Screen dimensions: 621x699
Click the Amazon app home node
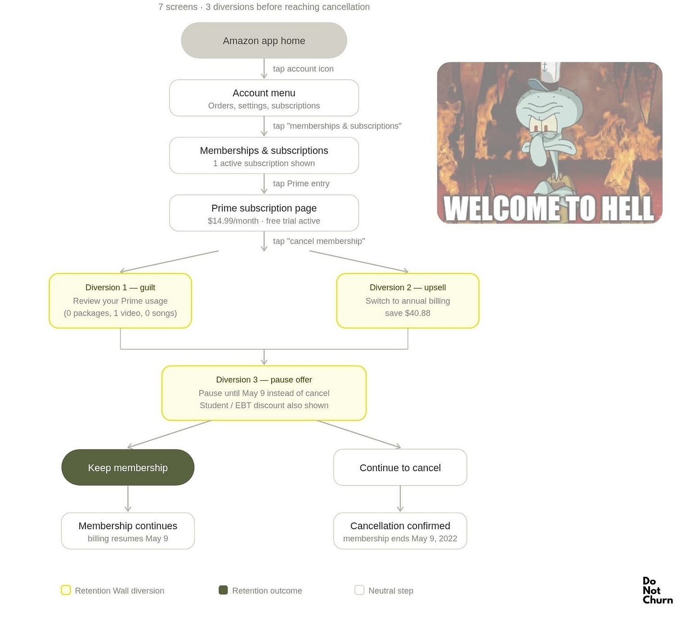[x=264, y=40]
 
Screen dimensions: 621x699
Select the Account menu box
[x=264, y=98]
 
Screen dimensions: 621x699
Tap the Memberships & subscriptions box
[x=264, y=156]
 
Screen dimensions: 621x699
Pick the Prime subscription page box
[x=264, y=213]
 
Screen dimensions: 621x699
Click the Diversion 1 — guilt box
[x=120, y=301]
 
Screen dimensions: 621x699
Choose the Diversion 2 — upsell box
[x=408, y=301]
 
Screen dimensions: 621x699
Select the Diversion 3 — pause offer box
[x=264, y=393]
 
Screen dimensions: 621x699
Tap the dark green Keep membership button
[x=128, y=467]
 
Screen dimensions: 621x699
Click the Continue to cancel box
[x=400, y=467]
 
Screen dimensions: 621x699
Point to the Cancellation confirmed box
[x=400, y=531]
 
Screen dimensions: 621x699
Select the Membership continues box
[x=128, y=531]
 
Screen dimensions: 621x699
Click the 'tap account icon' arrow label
[x=303, y=69]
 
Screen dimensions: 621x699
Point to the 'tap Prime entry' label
[x=301, y=183]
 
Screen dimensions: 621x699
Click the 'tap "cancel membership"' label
[x=319, y=241]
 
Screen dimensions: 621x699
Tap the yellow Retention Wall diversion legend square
[x=66, y=590]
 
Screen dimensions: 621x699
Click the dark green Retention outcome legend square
[x=223, y=590]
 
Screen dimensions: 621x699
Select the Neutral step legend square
[x=359, y=590]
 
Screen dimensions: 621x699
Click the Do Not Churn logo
[x=657, y=590]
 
